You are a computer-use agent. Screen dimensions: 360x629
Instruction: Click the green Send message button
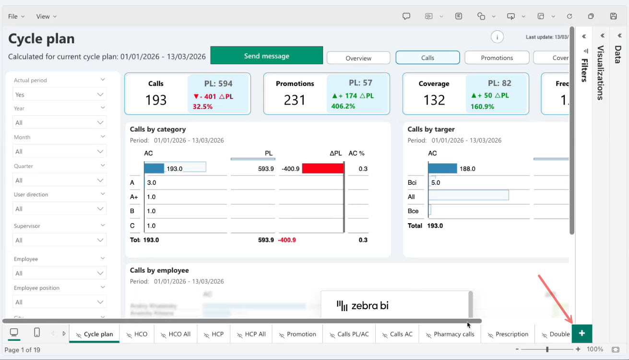click(x=266, y=56)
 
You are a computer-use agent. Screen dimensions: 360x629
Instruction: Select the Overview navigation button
click(x=358, y=58)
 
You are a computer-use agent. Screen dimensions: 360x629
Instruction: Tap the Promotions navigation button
click(x=497, y=58)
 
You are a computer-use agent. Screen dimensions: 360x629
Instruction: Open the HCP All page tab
click(x=251, y=334)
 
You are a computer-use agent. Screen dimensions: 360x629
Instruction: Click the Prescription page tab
click(x=508, y=334)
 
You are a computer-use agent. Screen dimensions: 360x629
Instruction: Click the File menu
click(x=16, y=16)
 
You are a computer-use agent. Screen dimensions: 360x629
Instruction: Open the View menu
click(x=46, y=16)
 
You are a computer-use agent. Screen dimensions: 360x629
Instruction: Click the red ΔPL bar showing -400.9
click(x=323, y=168)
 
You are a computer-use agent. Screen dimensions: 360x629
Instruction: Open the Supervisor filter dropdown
click(x=59, y=240)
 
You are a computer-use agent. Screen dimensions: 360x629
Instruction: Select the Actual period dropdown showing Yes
click(x=59, y=95)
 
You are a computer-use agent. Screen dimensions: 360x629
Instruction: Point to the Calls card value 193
click(x=156, y=100)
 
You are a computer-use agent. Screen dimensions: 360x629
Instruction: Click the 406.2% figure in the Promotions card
click(x=343, y=106)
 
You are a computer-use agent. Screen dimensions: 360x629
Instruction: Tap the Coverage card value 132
click(x=434, y=100)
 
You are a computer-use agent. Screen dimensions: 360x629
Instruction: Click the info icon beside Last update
click(x=497, y=37)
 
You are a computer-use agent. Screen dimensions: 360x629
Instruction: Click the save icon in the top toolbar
click(x=613, y=16)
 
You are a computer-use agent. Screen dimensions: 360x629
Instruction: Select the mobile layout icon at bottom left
click(x=37, y=333)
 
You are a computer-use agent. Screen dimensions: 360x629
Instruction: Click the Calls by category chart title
click(x=158, y=129)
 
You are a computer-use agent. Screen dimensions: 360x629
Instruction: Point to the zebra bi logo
click(x=363, y=305)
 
